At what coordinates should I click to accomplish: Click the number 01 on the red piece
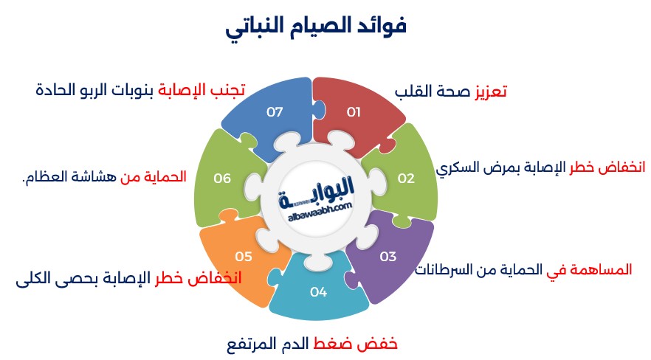click(354, 112)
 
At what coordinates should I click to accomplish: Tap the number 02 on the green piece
click(406, 179)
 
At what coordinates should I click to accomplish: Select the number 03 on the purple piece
click(387, 257)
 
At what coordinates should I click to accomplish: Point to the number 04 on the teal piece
click(318, 292)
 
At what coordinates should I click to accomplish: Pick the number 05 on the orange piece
click(244, 257)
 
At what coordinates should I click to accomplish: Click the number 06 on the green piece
click(222, 179)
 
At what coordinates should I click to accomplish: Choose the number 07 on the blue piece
click(275, 112)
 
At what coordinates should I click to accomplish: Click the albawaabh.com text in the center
click(320, 212)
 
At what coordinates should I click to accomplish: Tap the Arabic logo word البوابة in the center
click(317, 192)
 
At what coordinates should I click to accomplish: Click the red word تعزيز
click(491, 91)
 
